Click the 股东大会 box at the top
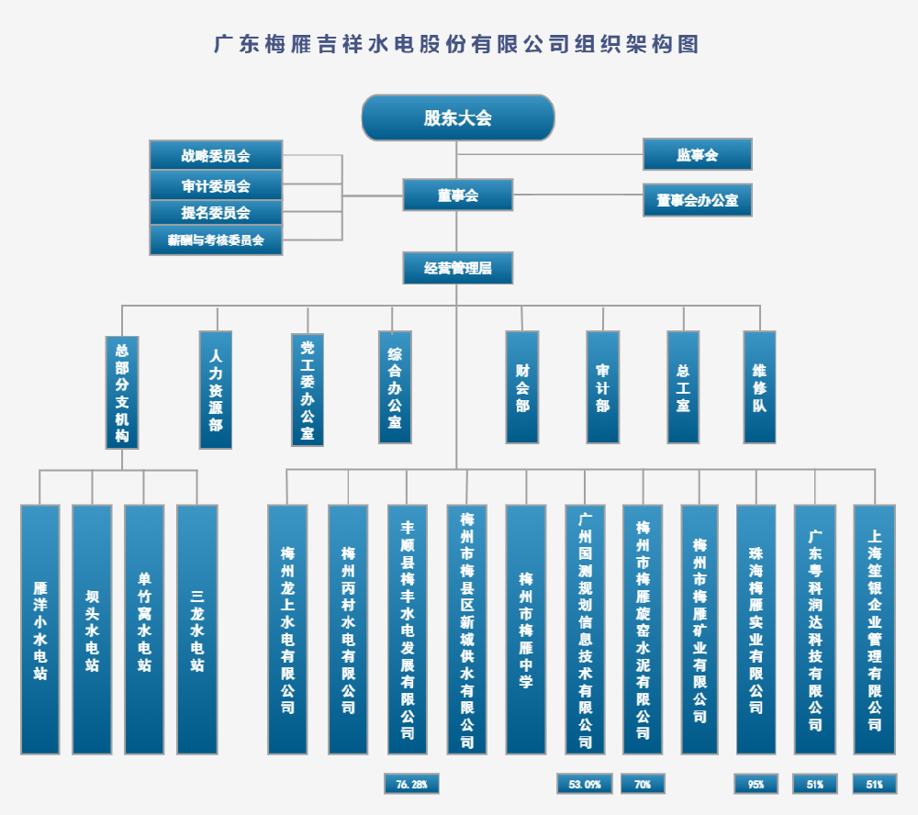pyautogui.click(x=458, y=117)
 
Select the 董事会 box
pyautogui.click(x=457, y=195)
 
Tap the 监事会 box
pyautogui.click(x=697, y=154)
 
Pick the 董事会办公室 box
pyautogui.click(x=697, y=200)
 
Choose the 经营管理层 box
pyautogui.click(x=457, y=268)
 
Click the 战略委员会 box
pyautogui.click(x=216, y=155)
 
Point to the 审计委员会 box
pyautogui.click(x=216, y=185)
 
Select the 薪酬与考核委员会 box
pyautogui.click(x=216, y=240)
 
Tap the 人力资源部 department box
pyautogui.click(x=216, y=389)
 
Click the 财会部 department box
pyautogui.click(x=521, y=386)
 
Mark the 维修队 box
pyautogui.click(x=759, y=386)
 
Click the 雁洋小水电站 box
pyautogui.click(x=40, y=629)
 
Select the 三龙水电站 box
pyautogui.click(x=197, y=629)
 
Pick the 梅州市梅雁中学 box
pyautogui.click(x=526, y=629)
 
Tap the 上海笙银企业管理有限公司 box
pyautogui.click(x=874, y=629)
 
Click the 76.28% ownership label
pyautogui.click(x=411, y=784)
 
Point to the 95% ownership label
pyautogui.click(x=756, y=784)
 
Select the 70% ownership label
pyautogui.click(x=643, y=784)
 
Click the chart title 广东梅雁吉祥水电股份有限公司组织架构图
pyautogui.click(x=456, y=44)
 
